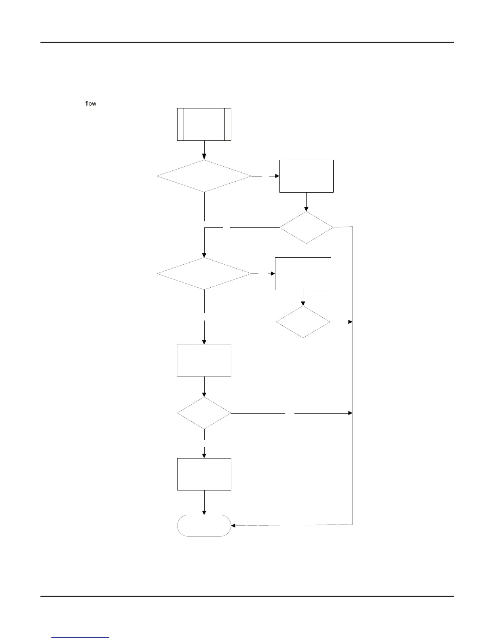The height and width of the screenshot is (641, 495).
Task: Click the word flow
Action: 91,104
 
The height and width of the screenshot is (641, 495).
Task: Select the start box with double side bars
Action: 204,124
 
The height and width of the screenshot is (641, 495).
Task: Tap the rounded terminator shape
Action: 204,525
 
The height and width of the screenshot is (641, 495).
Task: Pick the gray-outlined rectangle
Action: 204,360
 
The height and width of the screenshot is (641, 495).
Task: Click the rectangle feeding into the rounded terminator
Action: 204,474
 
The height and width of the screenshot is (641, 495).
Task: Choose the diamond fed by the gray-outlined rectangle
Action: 204,413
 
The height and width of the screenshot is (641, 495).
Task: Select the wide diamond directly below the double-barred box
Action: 204,176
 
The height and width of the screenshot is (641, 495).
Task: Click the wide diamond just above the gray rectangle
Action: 204,274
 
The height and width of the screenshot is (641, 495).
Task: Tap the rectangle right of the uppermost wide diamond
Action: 306,176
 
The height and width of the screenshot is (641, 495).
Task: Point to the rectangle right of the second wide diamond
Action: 303,274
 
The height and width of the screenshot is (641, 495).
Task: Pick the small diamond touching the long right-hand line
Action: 306,227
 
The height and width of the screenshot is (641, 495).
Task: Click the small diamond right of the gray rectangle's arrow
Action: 303,322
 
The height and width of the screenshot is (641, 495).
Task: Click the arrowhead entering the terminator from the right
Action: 233,526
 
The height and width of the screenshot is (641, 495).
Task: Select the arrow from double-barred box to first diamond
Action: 204,150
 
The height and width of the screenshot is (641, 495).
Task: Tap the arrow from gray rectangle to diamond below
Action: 204,386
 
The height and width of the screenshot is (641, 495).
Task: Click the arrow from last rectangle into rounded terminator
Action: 204,502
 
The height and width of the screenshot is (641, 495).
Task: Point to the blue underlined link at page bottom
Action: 80,637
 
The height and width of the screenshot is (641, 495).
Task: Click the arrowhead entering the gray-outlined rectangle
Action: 204,342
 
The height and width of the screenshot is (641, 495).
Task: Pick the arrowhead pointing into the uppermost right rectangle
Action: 277,176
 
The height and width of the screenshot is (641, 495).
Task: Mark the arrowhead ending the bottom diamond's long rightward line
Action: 350,413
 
